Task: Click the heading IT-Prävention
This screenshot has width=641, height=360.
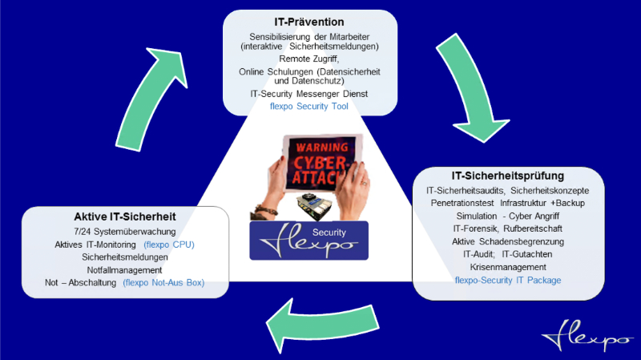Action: coord(308,22)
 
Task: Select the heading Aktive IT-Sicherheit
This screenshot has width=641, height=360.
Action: coord(126,217)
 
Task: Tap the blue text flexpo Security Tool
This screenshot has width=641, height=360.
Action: coord(308,107)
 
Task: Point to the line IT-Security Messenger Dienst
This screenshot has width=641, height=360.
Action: coord(308,95)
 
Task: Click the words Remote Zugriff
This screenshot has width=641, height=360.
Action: coord(308,59)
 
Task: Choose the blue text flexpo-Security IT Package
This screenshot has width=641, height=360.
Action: coord(508,280)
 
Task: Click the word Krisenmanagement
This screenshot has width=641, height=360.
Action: coord(509,267)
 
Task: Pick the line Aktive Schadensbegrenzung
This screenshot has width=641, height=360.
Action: coord(509,241)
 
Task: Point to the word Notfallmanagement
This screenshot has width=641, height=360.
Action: coord(125,270)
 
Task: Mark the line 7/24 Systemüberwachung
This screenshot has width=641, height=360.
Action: coord(126,231)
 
